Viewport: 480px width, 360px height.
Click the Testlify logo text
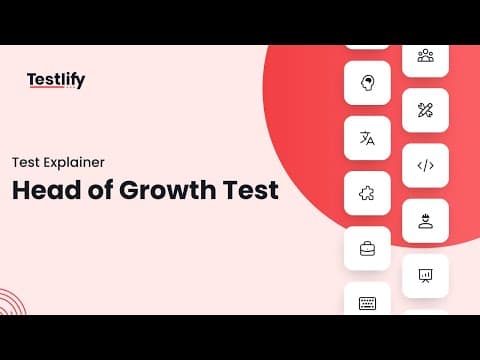pos(56,80)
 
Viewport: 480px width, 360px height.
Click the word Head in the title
pos(46,190)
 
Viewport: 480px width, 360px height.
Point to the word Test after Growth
pos(251,190)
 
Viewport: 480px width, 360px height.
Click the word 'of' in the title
pos(100,190)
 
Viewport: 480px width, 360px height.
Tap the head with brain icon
pos(367,83)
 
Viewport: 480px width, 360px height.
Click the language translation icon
pos(367,138)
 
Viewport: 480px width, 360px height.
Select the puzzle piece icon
pos(367,193)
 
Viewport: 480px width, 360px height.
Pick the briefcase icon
pos(367,249)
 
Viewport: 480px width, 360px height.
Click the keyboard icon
pos(367,303)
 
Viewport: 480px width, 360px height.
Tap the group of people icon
pos(426,56)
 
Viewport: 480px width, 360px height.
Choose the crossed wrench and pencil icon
pos(425,110)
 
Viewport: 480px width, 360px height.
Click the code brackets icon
pos(426,165)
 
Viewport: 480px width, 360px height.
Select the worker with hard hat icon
pos(426,221)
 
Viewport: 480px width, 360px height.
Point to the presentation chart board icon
pos(425,276)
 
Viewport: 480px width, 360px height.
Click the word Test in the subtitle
pos(26,163)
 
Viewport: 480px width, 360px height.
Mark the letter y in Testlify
pos(80,82)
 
